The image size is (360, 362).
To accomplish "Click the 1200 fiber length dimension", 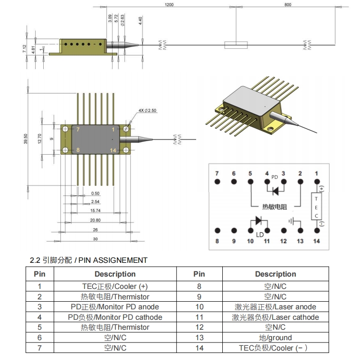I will tap(169, 4).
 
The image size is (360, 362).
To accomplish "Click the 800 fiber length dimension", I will tap(287, 4).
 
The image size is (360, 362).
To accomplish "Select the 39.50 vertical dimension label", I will tap(27, 139).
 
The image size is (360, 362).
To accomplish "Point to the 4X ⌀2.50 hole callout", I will tap(147, 110).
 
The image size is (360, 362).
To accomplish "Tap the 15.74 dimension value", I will tap(95, 210).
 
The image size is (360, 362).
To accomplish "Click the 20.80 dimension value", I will tap(95, 220).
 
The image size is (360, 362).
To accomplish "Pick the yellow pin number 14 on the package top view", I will tap(113, 150).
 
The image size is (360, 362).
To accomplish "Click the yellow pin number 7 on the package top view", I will tap(78, 130).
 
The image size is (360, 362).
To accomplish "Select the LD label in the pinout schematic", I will tap(260, 235).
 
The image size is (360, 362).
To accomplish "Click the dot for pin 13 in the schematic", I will tap(300, 231).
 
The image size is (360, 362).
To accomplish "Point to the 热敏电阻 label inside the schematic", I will tap(275, 206).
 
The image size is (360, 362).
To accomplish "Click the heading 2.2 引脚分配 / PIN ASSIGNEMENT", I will tap(88, 260).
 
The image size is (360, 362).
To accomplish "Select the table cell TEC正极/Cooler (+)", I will tap(115, 287).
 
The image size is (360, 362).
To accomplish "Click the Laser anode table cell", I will tap(275, 307).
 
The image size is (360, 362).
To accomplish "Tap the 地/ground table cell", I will tap(275, 338).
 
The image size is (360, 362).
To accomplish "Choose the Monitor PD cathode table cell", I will tap(115, 317).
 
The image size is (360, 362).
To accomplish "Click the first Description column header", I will tap(115, 274).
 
